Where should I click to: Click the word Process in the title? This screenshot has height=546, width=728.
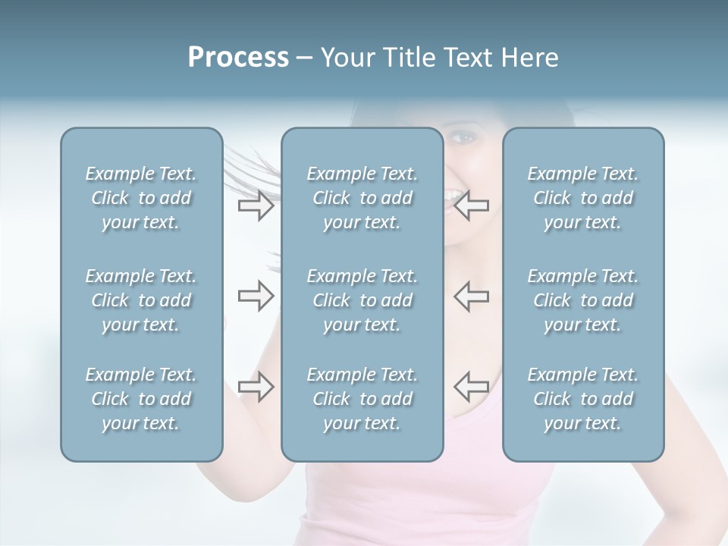coord(238,58)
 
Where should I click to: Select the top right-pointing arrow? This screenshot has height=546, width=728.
coord(256,206)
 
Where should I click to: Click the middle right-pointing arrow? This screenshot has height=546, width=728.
coord(256,296)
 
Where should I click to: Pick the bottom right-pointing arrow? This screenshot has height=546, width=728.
coord(256,386)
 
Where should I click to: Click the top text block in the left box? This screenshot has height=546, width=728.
coord(141,198)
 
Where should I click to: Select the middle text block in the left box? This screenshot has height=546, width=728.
coord(141,300)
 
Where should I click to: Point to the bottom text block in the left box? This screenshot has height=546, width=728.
coord(141,399)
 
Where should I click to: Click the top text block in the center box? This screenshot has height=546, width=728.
coord(362,198)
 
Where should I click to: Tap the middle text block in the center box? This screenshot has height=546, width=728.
coord(362,300)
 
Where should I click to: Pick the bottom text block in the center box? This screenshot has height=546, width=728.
coord(362,399)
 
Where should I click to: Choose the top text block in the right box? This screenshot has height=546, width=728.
coord(582,198)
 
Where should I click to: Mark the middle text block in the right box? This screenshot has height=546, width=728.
coord(582,300)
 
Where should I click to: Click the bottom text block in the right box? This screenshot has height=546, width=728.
coord(582,399)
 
